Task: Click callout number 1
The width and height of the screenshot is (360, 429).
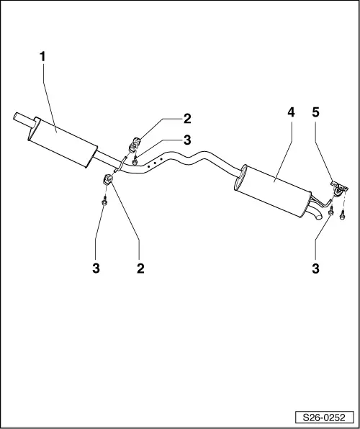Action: [42, 57]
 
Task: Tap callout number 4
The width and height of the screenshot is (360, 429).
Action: [291, 112]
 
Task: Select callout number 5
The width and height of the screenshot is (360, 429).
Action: [315, 112]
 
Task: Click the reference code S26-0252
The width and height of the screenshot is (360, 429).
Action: [324, 417]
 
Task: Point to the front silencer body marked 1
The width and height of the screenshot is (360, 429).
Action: [63, 143]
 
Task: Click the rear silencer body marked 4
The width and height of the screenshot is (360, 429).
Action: [273, 191]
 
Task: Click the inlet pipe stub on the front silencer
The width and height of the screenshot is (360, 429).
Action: [24, 120]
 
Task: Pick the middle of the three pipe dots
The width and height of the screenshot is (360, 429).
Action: [155, 163]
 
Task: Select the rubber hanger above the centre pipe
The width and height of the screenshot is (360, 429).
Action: [134, 145]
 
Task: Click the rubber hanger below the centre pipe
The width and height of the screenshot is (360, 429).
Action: [107, 179]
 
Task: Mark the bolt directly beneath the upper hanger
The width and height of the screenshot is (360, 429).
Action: [135, 161]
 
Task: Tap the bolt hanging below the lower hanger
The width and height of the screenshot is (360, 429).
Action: [104, 201]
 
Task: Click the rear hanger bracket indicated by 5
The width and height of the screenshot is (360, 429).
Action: [339, 189]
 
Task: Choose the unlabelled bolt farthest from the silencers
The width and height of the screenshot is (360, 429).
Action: [342, 215]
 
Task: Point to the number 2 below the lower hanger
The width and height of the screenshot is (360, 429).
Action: [140, 268]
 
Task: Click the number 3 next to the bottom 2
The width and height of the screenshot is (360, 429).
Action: [96, 268]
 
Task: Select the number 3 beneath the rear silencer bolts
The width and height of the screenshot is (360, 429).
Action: [315, 268]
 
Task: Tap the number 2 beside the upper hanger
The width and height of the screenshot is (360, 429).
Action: [187, 119]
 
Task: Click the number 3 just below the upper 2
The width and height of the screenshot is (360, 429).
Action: [187, 140]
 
